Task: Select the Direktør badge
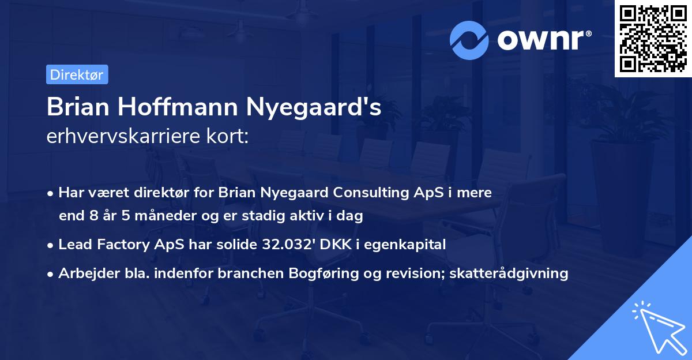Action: (77, 74)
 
